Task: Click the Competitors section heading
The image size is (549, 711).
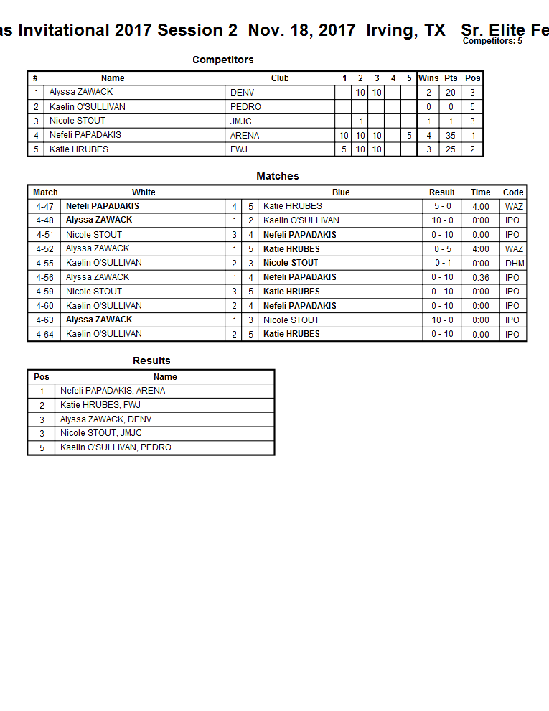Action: point(222,60)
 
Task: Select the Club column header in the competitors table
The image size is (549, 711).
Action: point(280,78)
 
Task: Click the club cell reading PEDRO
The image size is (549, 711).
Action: point(245,106)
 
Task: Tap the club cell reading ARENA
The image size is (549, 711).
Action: point(245,135)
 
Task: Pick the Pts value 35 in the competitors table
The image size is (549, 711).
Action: point(451,135)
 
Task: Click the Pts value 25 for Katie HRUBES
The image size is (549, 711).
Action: point(451,149)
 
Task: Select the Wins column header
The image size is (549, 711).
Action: point(428,78)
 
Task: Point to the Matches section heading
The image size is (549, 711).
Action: point(278,176)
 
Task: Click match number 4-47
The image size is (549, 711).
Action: point(44,206)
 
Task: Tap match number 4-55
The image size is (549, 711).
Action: point(44,263)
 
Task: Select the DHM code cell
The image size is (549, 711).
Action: point(515,263)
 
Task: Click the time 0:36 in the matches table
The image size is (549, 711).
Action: point(481,277)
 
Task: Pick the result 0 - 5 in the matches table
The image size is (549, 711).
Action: point(441,248)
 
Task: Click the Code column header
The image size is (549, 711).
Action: point(513,192)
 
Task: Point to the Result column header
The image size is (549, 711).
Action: point(441,192)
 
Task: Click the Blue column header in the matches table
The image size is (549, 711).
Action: point(341,192)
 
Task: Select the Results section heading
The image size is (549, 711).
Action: point(151,361)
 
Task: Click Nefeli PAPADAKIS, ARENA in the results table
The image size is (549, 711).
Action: point(113,391)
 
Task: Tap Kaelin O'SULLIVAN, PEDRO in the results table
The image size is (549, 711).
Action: point(116,447)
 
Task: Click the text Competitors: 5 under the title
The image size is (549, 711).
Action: point(492,41)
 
